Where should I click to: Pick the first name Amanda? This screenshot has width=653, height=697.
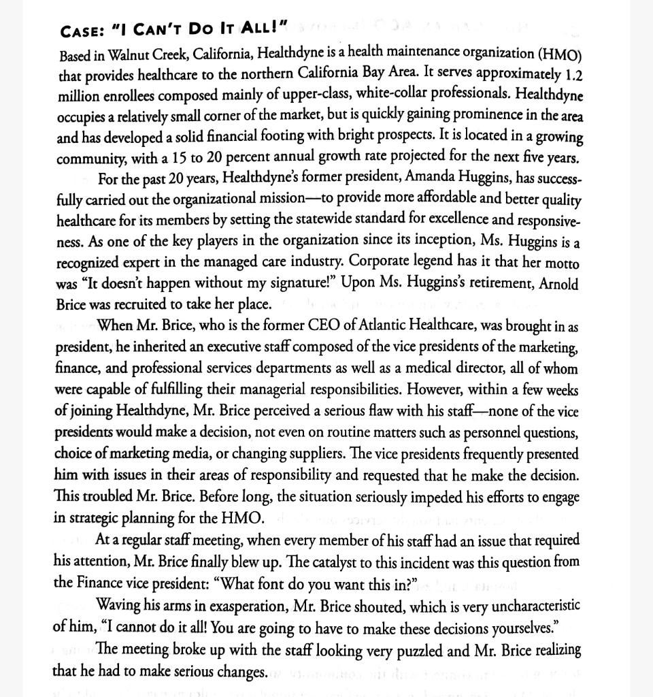coord(431,178)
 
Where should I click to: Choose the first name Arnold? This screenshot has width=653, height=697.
coord(558,283)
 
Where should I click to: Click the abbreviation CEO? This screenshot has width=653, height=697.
coord(335,326)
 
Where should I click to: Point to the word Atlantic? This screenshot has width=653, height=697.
coord(385,326)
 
